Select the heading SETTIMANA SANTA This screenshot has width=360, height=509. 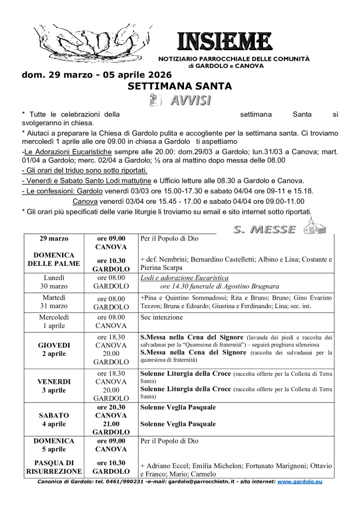point(180,86)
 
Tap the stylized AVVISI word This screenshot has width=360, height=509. point(190,100)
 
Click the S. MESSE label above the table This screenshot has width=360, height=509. point(264,229)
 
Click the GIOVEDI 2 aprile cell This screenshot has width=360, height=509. point(54,349)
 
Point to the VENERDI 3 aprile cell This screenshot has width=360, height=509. point(54,386)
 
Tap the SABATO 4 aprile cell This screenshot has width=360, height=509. point(54,420)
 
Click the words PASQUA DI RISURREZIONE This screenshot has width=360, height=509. point(54,467)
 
